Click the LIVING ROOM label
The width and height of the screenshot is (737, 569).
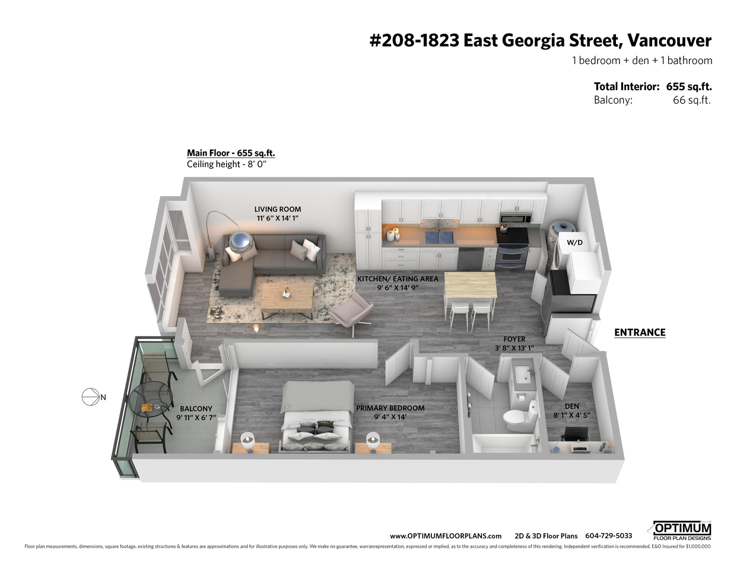(x=278, y=209)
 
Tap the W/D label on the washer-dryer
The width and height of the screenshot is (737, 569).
(x=574, y=242)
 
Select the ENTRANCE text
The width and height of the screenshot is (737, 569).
(x=640, y=333)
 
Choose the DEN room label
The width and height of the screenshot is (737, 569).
(x=572, y=406)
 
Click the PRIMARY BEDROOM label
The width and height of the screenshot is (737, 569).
(x=390, y=408)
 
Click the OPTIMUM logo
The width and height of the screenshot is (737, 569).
(x=682, y=530)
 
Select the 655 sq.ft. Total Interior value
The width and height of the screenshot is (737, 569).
(x=689, y=87)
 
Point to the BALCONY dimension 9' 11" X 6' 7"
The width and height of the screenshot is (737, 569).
(x=196, y=418)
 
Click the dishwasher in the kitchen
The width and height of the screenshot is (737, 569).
(x=471, y=257)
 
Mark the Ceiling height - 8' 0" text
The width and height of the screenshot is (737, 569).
(x=227, y=164)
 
